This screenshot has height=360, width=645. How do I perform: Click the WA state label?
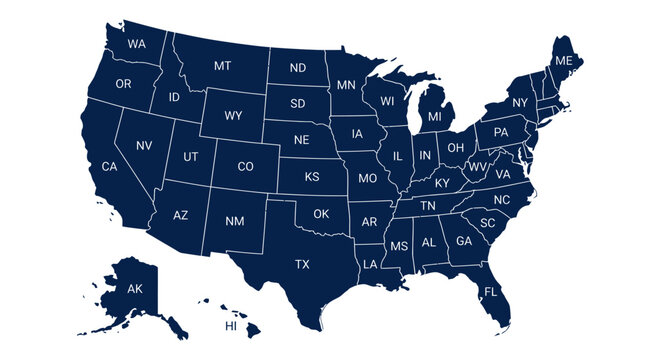(x=137, y=44)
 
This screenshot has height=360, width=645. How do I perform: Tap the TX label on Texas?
(x=301, y=265)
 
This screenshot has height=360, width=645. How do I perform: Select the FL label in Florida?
(x=490, y=292)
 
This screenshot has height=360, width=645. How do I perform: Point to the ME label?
(x=564, y=62)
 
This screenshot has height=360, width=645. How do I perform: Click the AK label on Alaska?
(x=135, y=289)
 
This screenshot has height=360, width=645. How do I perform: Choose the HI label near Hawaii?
(x=231, y=327)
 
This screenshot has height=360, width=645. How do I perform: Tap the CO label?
(x=245, y=166)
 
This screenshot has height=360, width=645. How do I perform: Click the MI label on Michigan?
(x=434, y=117)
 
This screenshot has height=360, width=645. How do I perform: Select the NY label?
(x=519, y=103)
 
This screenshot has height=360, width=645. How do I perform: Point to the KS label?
(x=312, y=177)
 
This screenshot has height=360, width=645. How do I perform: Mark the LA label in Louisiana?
(x=370, y=264)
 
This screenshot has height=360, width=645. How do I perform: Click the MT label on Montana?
(x=223, y=66)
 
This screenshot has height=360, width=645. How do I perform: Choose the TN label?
(x=427, y=205)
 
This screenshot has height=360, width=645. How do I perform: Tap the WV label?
(x=478, y=166)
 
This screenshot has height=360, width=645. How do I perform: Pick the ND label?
(x=298, y=68)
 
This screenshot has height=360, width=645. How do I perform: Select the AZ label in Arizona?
(x=181, y=215)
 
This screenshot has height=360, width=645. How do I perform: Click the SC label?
(x=487, y=223)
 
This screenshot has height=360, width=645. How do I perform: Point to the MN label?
(x=346, y=85)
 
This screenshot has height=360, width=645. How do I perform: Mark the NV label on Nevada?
(x=144, y=146)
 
